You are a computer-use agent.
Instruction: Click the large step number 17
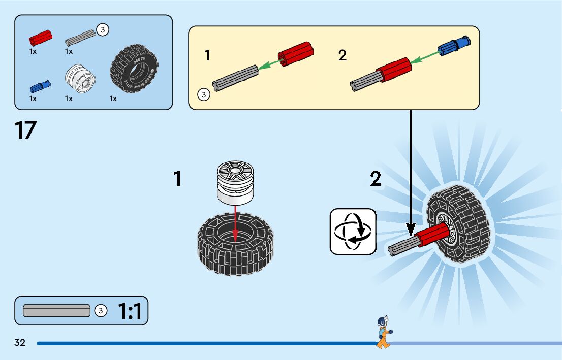[25, 130]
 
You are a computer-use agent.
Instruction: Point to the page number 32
[20, 343]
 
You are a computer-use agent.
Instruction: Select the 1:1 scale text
[130, 311]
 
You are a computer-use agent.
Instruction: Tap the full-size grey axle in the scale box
[56, 310]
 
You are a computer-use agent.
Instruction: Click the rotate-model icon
[353, 231]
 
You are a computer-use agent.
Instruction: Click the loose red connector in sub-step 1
[296, 53]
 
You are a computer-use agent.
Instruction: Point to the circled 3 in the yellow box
[203, 94]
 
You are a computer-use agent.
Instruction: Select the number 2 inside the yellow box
[342, 55]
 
